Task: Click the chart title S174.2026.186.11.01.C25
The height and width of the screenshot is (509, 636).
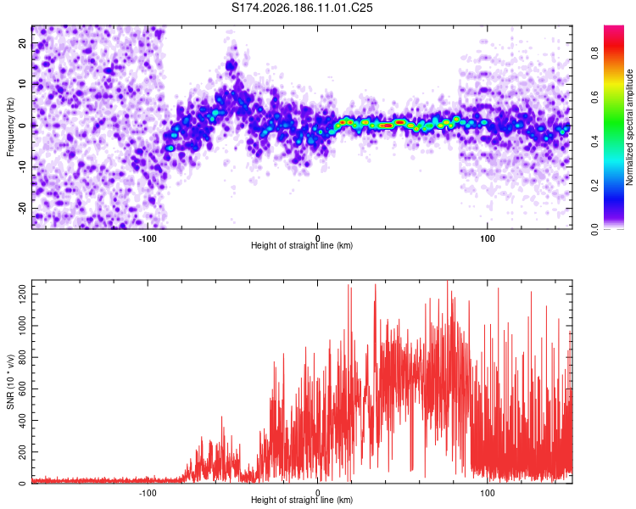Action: (302, 8)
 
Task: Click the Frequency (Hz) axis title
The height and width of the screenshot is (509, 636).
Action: (10, 127)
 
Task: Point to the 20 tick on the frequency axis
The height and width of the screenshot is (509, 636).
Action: (23, 42)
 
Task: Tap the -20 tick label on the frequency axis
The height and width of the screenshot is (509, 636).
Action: (23, 209)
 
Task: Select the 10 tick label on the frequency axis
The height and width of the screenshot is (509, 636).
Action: (23, 84)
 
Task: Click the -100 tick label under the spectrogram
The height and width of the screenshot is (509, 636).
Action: (148, 238)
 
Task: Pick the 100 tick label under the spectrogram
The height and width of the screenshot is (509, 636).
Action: (487, 238)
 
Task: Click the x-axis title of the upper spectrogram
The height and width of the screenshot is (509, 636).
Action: (302, 245)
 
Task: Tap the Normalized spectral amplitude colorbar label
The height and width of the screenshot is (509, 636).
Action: (629, 127)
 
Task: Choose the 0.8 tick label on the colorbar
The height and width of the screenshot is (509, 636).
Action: (594, 53)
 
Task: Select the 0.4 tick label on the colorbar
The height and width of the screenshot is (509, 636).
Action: (594, 141)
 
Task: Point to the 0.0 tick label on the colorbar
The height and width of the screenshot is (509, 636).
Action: (594, 229)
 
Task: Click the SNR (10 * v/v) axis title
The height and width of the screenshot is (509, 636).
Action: (10, 382)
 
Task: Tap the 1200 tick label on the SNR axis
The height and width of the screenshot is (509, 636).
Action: (23, 294)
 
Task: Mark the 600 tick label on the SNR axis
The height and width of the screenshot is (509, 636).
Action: (23, 389)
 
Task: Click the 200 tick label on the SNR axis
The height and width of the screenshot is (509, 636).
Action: (23, 451)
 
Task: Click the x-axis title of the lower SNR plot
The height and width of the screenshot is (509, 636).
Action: (302, 500)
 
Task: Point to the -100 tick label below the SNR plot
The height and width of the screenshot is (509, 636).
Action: (148, 493)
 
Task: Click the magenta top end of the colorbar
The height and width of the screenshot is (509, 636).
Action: (614, 28)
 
